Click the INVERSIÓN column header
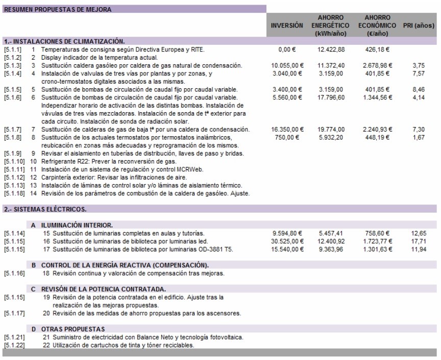point(287,25)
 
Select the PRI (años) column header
point(419,25)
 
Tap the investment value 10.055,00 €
point(287,65)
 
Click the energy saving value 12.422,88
point(331,49)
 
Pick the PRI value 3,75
point(418,65)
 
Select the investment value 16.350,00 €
point(287,130)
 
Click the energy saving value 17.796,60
point(331,97)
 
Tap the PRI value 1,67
point(418,137)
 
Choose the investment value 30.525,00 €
point(287,241)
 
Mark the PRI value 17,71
point(418,241)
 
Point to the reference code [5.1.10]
point(14,161)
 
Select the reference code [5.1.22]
point(14,345)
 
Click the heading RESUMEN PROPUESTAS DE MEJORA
point(57,9)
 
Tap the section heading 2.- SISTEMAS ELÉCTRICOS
point(45,209)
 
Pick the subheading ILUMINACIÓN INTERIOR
point(77,225)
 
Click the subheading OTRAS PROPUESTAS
point(72,329)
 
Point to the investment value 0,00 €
point(287,49)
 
